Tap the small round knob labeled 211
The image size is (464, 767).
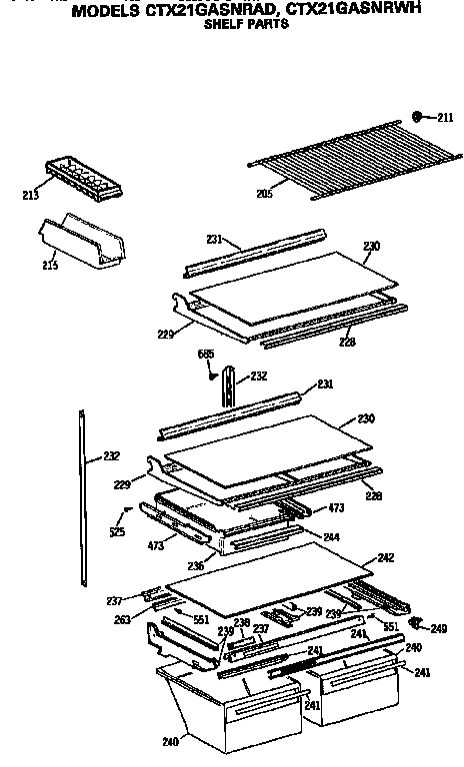coord(419,117)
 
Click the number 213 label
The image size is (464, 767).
coord(31,195)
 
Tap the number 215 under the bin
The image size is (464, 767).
coord(49,265)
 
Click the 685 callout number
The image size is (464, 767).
coord(206,354)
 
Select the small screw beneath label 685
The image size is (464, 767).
coord(212,375)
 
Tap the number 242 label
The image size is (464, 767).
coord(385,558)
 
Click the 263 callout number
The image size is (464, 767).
coord(121,619)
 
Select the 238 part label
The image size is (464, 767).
coord(241,621)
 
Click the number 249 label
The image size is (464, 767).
coord(438,628)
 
